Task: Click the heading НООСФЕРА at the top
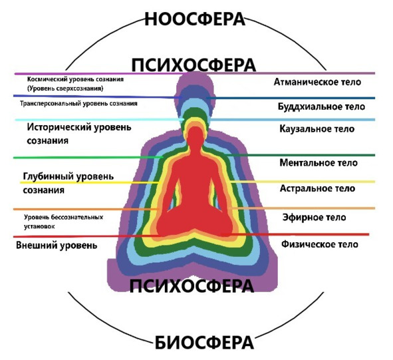click(195, 19)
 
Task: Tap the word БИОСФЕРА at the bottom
click(204, 343)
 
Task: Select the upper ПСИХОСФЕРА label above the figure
click(194, 65)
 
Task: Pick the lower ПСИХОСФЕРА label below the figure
click(192, 286)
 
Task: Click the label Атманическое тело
click(317, 82)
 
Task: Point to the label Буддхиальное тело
click(321, 106)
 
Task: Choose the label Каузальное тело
click(317, 129)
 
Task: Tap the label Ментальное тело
click(319, 163)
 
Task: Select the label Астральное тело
click(318, 188)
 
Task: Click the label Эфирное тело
click(315, 217)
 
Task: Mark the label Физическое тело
click(320, 244)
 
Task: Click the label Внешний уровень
click(57, 245)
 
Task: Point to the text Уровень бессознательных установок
click(63, 222)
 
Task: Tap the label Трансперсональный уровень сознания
click(78, 103)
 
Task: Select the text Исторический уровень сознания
click(79, 134)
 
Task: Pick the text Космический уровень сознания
click(75, 79)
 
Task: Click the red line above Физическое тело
click(295, 234)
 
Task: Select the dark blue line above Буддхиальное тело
click(291, 98)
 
